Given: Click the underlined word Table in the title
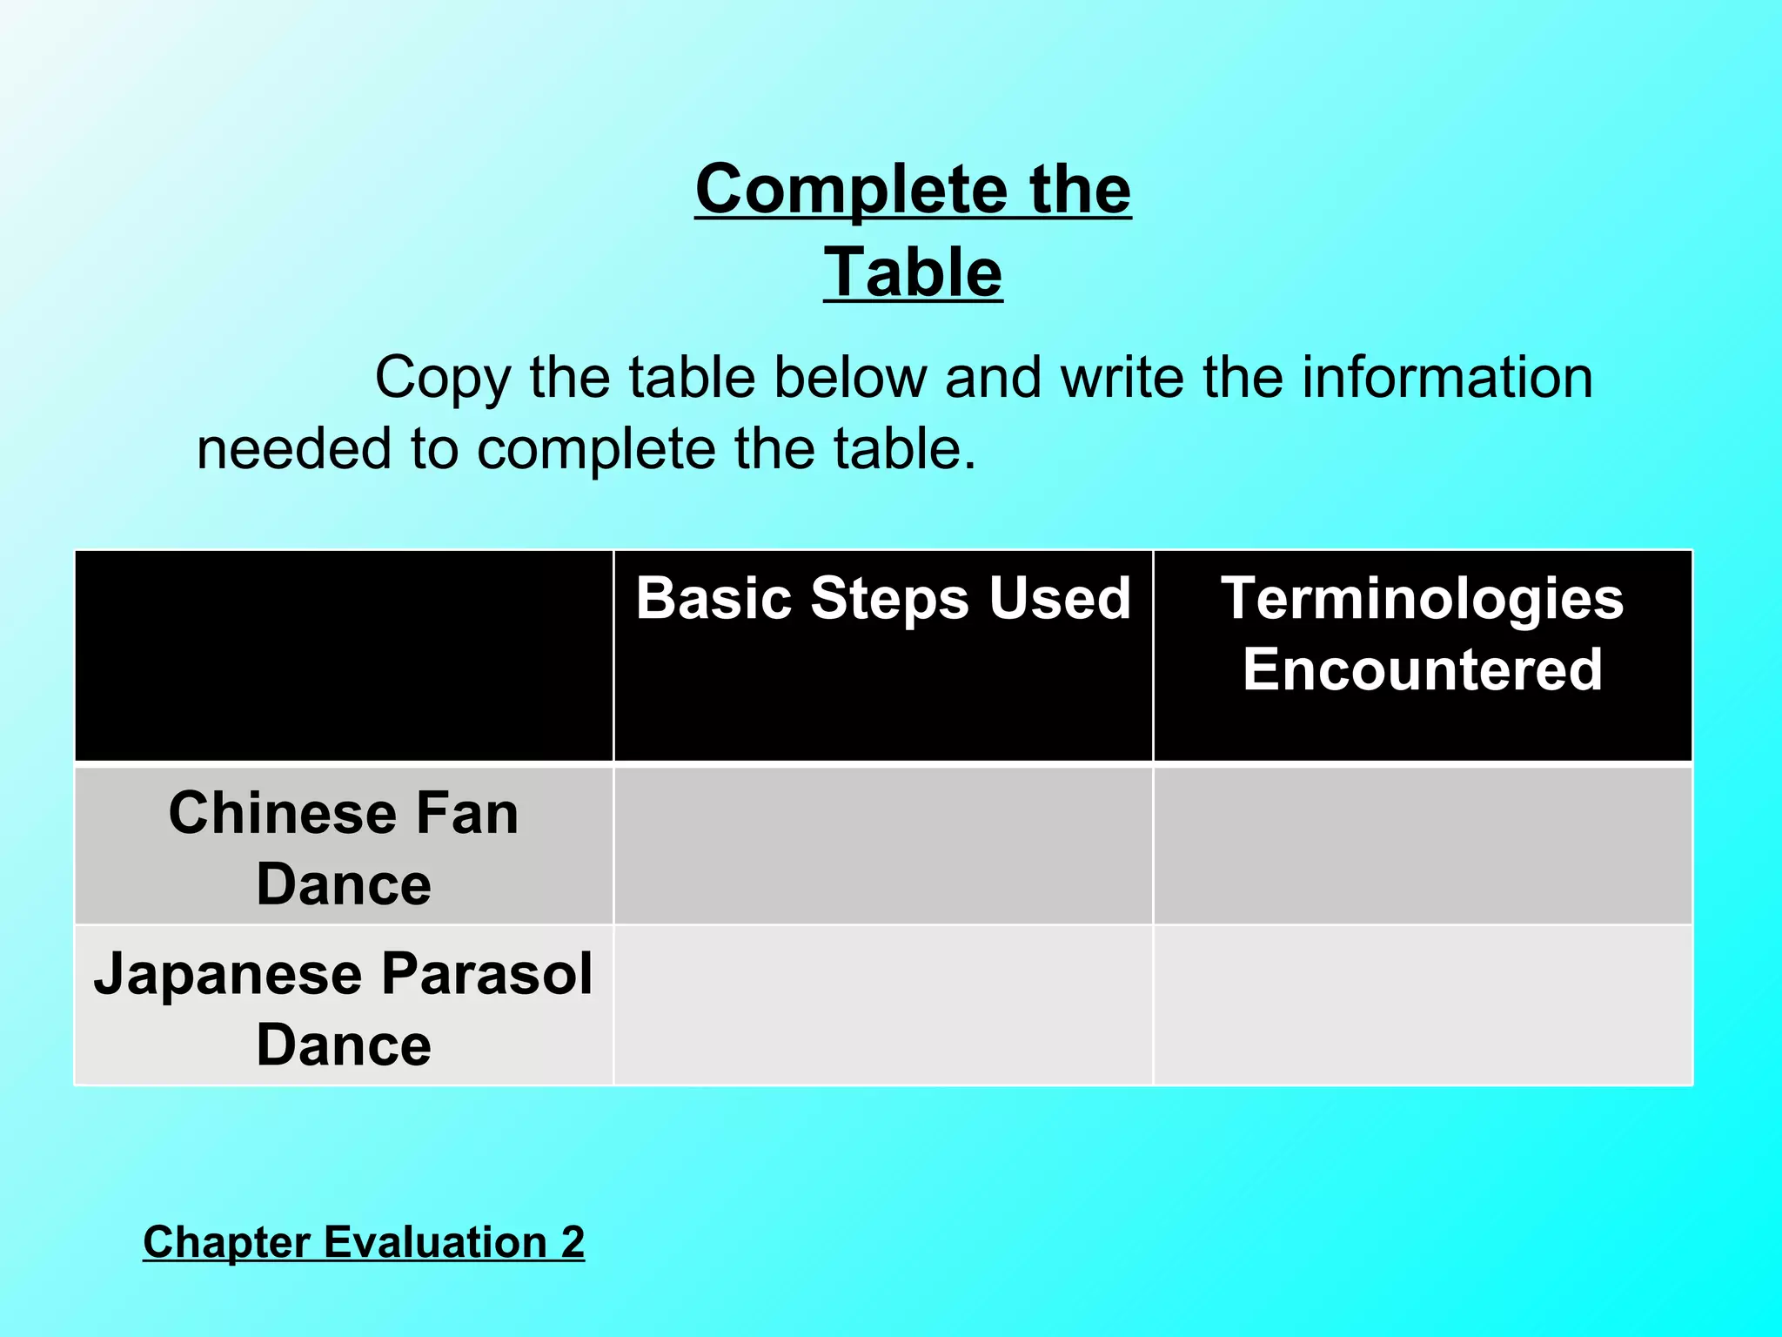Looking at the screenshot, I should [913, 272].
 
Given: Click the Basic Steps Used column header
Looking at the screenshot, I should [882, 599].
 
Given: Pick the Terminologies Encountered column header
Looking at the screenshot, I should [1422, 634].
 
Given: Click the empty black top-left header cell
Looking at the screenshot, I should [344, 655].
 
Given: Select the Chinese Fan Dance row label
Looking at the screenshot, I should [344, 848].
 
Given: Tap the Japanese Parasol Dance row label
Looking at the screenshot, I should [344, 1008].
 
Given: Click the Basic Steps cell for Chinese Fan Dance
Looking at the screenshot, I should [882, 844].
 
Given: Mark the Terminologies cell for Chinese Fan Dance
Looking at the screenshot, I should [1422, 844].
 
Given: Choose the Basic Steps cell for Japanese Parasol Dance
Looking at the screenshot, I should [882, 1005].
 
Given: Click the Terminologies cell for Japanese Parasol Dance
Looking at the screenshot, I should [1422, 1005].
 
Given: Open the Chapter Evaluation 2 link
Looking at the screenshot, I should [363, 1241].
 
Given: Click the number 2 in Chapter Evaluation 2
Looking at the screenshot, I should [573, 1241].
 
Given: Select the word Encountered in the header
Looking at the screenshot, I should [1422, 669].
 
